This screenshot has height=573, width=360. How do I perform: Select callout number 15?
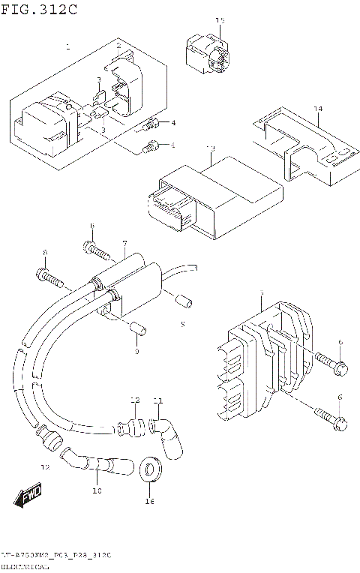point(220,20)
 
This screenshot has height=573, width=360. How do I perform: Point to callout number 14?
point(318,109)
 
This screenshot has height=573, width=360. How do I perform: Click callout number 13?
point(211,148)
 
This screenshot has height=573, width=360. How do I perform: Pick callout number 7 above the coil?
point(124,244)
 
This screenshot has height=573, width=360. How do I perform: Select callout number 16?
point(149,501)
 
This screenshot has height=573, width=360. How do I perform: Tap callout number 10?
point(96,491)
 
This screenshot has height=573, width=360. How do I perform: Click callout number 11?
point(157,400)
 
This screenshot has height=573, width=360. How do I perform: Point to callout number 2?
point(118,46)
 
